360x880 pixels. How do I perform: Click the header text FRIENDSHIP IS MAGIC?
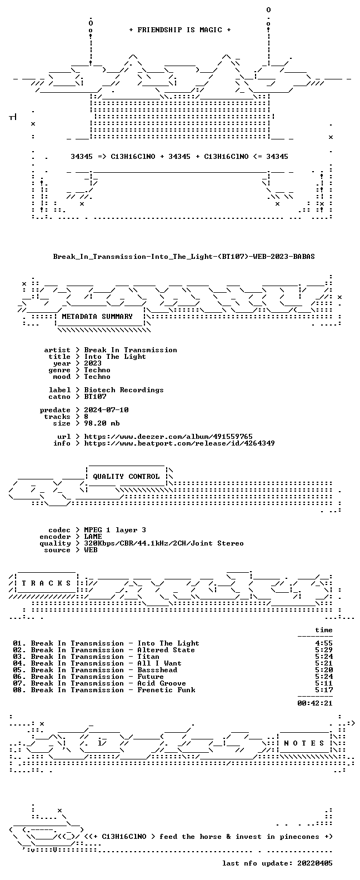(x=180, y=30)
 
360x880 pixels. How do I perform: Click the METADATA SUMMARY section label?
(x=97, y=317)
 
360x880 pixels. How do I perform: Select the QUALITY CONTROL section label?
(x=126, y=477)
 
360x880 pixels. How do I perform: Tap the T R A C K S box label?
(x=46, y=583)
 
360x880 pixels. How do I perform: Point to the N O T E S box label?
(x=304, y=743)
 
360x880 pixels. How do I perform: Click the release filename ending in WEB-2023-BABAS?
(x=184, y=257)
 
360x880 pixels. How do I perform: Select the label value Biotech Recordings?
(x=124, y=390)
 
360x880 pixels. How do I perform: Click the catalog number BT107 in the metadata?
(x=95, y=397)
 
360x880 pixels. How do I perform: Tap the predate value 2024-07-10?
(x=106, y=410)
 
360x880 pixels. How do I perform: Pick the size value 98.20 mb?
(x=102, y=423)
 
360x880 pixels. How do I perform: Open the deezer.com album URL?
(x=168, y=437)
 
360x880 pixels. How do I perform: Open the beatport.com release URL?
(x=179, y=443)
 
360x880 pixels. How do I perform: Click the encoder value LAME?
(x=93, y=537)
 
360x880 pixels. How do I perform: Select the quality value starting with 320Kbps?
(x=164, y=543)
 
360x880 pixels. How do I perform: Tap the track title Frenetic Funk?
(x=166, y=690)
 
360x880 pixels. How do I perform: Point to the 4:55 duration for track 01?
(x=324, y=643)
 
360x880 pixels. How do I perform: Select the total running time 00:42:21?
(x=315, y=703)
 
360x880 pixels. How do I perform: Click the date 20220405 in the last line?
(x=315, y=863)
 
